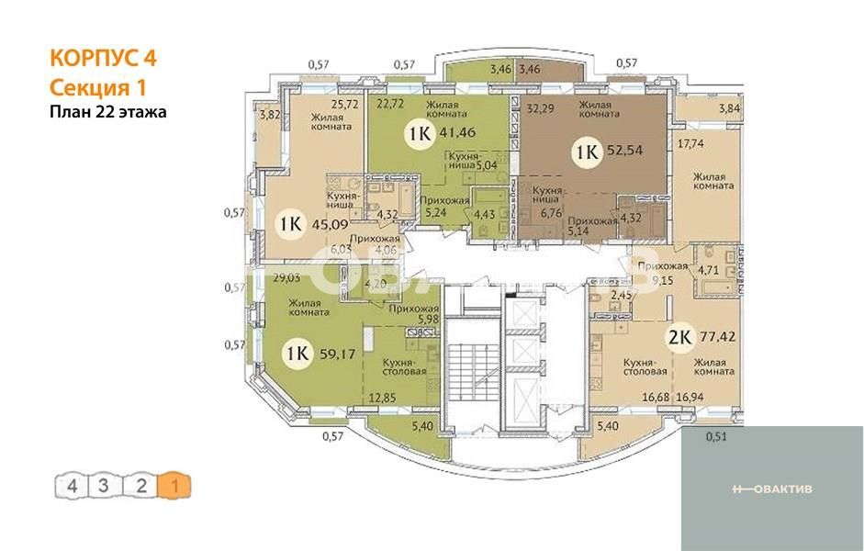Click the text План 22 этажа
pos(107,112)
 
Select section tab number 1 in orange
pos(174,484)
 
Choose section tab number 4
pos(71,484)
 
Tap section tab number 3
pos(106,484)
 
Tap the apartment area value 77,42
pos(724,338)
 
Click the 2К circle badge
pos(679,338)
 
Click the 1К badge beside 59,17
pos(296,353)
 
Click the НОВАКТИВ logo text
pos(771,488)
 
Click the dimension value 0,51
pos(716,436)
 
